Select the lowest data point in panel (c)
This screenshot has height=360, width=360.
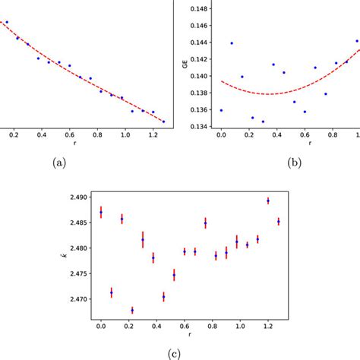(132, 310)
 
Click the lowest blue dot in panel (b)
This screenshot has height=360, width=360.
(263, 122)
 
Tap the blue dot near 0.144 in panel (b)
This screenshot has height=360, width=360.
(232, 43)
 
